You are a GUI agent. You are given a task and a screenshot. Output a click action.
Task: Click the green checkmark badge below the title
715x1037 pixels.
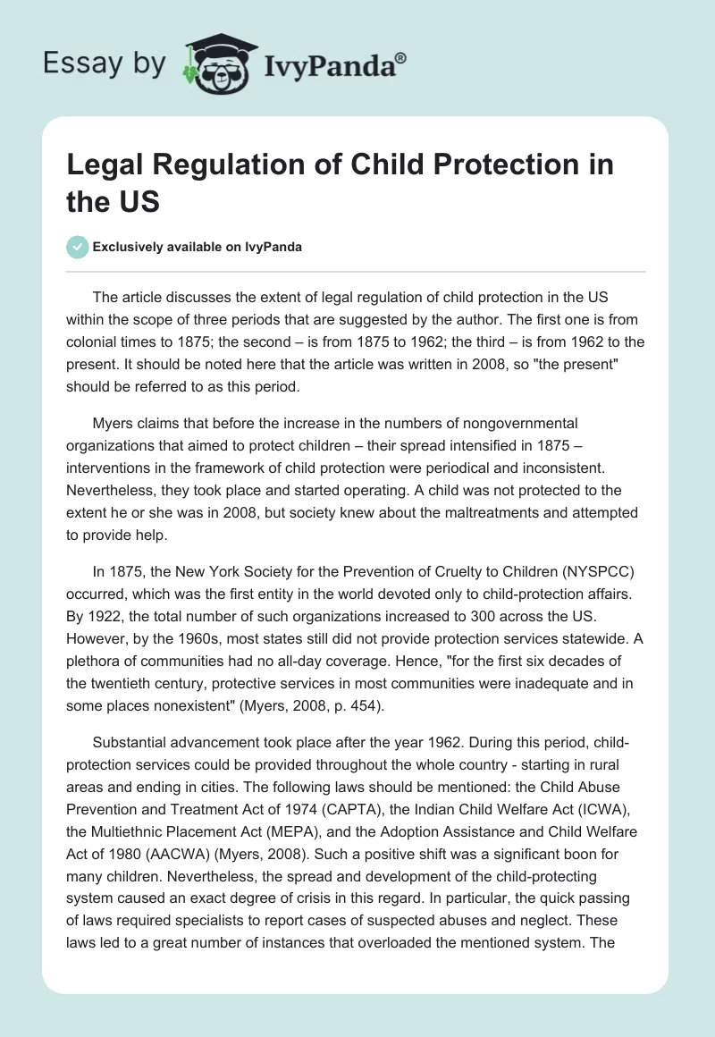coord(79,247)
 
